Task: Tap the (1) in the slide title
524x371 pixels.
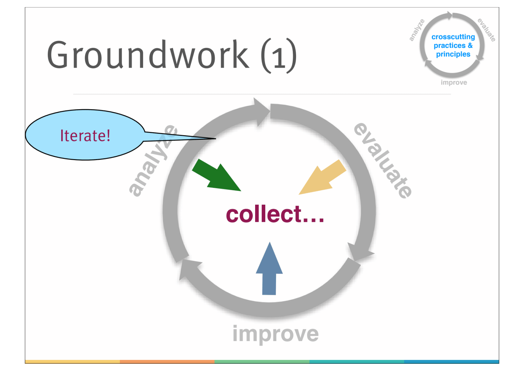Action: point(279,56)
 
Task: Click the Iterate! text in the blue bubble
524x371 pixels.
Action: point(85,135)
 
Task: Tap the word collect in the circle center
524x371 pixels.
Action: point(264,215)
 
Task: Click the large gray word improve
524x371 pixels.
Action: point(275,334)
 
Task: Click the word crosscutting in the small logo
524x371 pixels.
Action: point(453,37)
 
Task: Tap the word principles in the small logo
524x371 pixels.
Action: point(453,54)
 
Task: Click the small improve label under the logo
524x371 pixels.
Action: point(454,82)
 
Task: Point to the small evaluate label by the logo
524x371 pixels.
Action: point(486,30)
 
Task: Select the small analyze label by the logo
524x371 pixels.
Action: point(417,30)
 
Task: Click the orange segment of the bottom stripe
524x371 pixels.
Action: point(167,361)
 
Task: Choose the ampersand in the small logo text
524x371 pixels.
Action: point(470,45)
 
